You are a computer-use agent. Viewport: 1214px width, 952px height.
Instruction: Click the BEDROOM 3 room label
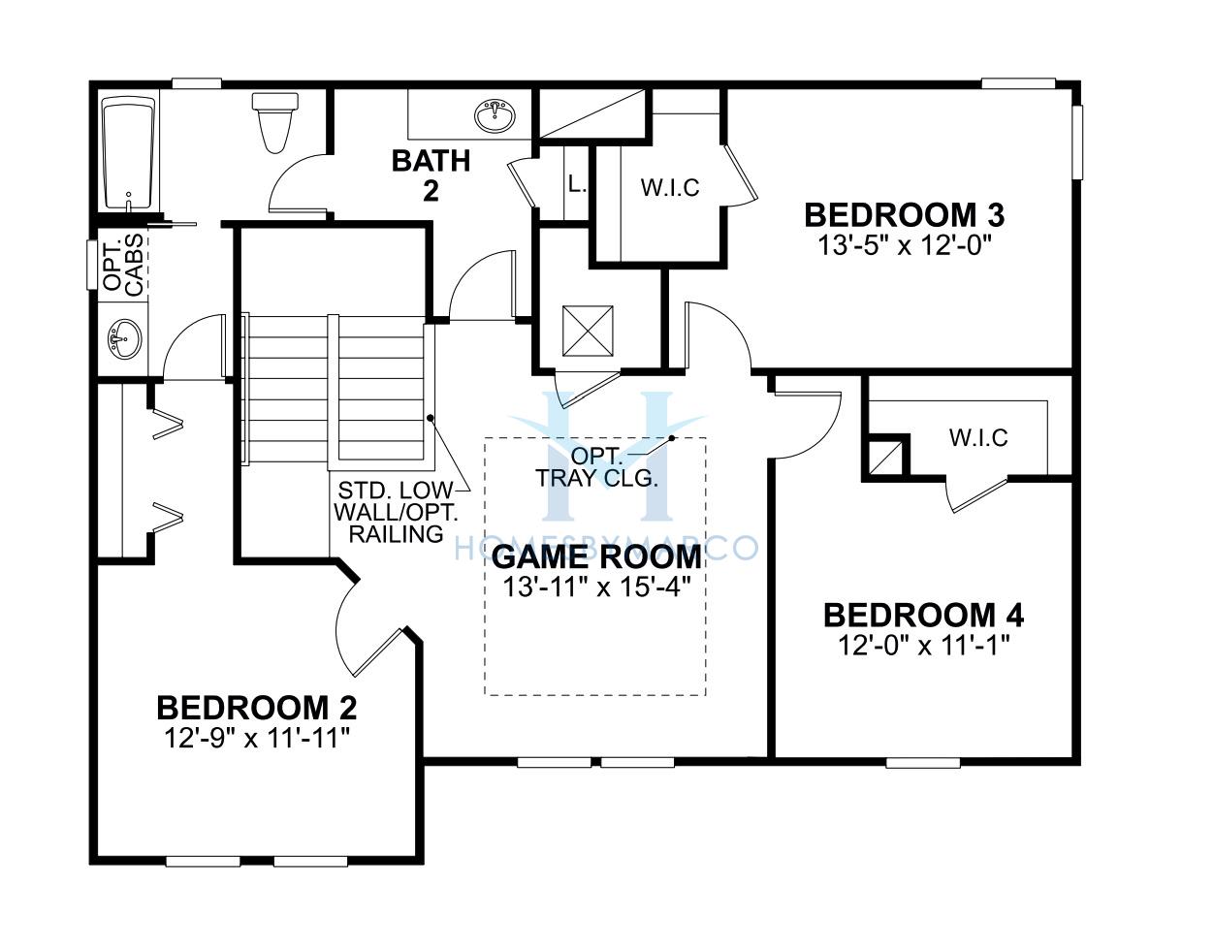tap(904, 215)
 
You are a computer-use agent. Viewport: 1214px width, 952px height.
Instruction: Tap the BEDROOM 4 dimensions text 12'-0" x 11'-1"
tap(924, 648)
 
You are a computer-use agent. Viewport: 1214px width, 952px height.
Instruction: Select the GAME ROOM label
tap(596, 556)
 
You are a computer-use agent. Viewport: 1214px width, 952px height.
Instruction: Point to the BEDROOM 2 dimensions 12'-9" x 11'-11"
tap(257, 739)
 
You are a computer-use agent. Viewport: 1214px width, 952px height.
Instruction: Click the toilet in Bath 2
tap(275, 123)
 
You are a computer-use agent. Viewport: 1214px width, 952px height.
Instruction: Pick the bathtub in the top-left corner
tap(128, 153)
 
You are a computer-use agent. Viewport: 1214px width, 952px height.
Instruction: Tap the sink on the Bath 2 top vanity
tap(495, 116)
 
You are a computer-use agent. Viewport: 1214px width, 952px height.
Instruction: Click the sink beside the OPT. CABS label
tap(124, 339)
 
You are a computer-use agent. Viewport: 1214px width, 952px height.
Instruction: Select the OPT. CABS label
tap(123, 266)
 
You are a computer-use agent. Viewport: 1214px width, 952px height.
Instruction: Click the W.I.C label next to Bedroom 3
tap(670, 188)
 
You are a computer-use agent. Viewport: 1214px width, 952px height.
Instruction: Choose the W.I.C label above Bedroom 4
tap(978, 438)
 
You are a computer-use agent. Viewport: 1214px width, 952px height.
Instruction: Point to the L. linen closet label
tap(577, 183)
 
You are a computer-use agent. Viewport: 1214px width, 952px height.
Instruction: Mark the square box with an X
tap(588, 331)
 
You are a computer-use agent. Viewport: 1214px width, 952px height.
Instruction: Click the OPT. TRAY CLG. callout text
tap(596, 467)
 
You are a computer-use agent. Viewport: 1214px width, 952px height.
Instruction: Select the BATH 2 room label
tap(431, 175)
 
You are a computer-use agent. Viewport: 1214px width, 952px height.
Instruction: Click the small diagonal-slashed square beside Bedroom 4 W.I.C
tap(886, 457)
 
